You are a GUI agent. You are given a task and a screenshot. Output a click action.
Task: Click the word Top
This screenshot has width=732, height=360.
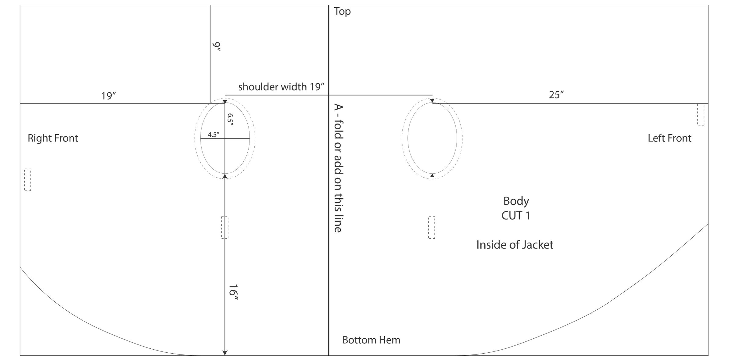[x=342, y=11]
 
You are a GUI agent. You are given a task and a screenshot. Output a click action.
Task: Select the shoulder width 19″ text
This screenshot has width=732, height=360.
[x=281, y=87]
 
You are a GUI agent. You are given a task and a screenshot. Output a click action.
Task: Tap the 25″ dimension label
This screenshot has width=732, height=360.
[x=556, y=95]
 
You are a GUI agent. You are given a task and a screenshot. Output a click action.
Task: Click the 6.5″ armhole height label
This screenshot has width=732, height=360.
[x=230, y=120]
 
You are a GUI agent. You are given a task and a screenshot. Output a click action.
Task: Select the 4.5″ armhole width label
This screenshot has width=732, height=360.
[x=213, y=135]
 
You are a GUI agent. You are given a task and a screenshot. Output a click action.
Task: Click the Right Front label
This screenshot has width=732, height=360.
[x=53, y=138]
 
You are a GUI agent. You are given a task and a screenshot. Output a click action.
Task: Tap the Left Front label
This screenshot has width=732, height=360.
[x=669, y=138]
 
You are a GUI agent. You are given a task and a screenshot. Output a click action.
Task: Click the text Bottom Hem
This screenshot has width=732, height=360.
[x=371, y=340]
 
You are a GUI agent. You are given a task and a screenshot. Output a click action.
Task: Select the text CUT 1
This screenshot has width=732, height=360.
[x=516, y=216]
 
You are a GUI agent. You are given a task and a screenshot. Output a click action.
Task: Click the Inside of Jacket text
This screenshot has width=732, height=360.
[x=515, y=245]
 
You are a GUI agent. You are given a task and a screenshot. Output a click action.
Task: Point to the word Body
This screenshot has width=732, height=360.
[x=516, y=201]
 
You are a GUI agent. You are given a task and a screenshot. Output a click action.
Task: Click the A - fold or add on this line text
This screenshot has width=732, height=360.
[x=339, y=168]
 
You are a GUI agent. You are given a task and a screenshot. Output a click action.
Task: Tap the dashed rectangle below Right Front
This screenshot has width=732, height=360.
[x=27, y=180]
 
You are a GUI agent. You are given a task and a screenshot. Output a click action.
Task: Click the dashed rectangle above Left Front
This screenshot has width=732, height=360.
[x=701, y=114]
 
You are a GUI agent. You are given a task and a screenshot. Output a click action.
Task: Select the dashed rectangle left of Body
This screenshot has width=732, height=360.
[x=432, y=228]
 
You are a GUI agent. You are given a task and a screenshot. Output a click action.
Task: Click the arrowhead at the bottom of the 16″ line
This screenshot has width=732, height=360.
[x=225, y=353]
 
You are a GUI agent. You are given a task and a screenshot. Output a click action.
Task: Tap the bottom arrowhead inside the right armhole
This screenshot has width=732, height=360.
[x=432, y=175]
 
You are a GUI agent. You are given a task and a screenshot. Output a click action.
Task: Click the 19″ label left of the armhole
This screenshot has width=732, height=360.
[x=109, y=96]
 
